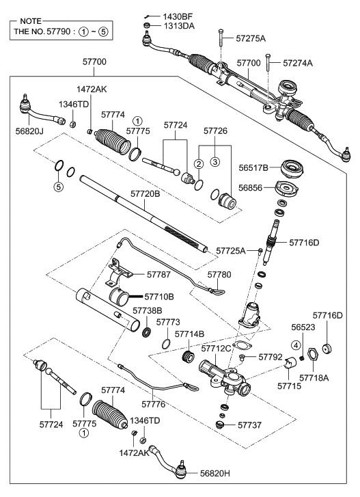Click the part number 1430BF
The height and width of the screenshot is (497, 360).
(x=179, y=15)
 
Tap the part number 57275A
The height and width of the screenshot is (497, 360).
(x=250, y=40)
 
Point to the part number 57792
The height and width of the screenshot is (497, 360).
(x=270, y=357)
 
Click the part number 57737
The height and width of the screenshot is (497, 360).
(x=251, y=425)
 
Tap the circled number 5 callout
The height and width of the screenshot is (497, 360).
(x=58, y=185)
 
